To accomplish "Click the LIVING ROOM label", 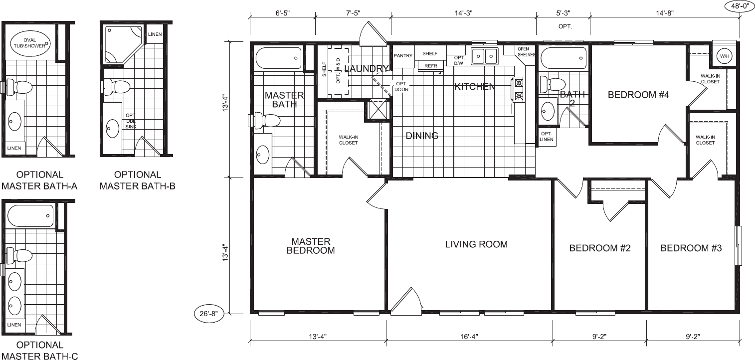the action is [x=476, y=244].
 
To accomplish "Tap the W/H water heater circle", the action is [x=725, y=56].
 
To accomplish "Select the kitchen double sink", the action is [x=485, y=56].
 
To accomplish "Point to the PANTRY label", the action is [x=403, y=56].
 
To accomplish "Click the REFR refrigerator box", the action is [x=431, y=66].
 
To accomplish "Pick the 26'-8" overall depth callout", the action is [x=209, y=314].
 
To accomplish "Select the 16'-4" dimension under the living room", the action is [x=469, y=337].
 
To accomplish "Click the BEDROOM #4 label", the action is [x=638, y=95].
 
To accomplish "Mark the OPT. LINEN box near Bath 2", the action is [x=547, y=137].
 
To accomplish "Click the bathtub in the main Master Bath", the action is [x=278, y=58].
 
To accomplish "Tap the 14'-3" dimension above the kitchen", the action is [x=463, y=13].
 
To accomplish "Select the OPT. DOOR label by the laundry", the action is [x=401, y=87].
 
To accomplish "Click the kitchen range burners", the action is [x=518, y=90].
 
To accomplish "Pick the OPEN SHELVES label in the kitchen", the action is [x=526, y=51].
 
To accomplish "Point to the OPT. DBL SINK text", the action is [x=131, y=121].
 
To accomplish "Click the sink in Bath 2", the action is [x=548, y=110].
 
